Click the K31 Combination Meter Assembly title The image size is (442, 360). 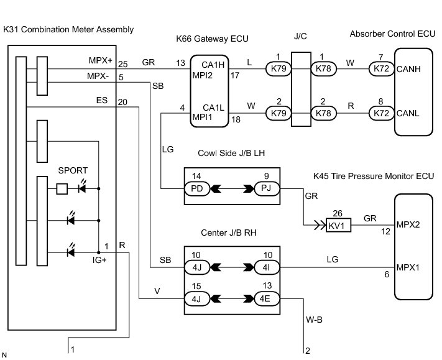coord(68,30)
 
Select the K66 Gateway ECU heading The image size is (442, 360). coord(212,39)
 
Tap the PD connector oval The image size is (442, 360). coord(197,188)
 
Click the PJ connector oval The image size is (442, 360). coord(267,188)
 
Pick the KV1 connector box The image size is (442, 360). coord(339,225)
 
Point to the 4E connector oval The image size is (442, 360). coord(267,299)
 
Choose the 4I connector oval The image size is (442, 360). coord(267,267)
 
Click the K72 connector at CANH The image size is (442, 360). coord(382,69)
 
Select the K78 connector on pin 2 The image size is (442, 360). coord(324,113)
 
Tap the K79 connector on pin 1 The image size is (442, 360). coord(279,69)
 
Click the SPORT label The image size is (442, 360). coord(73,170)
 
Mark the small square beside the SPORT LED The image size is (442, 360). coord(62,189)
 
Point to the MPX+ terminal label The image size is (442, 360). coord(100,60)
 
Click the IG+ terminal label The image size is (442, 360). coord(99,260)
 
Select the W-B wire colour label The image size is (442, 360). coord(314,320)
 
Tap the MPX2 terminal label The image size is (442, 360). coord(408,224)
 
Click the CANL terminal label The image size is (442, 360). coord(408,113)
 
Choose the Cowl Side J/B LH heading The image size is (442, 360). coord(231,153)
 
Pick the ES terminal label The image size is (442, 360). coord(102,100)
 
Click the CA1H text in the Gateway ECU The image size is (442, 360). coord(213,65)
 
